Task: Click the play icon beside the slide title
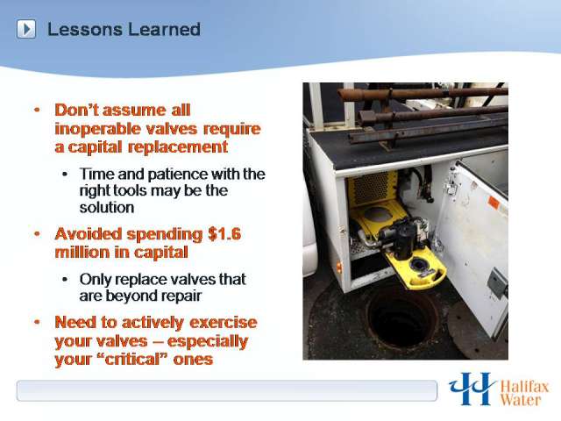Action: (26, 29)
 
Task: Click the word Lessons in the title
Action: (85, 29)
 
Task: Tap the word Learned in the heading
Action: (164, 29)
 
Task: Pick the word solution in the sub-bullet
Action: (107, 208)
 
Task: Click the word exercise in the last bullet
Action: (224, 322)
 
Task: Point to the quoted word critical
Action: (134, 359)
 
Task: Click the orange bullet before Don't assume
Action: (37, 110)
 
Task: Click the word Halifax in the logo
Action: (524, 388)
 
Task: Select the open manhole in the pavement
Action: (402, 318)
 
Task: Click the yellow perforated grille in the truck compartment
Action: (373, 188)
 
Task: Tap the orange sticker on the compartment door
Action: (494, 203)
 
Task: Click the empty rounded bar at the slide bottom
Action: (227, 390)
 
